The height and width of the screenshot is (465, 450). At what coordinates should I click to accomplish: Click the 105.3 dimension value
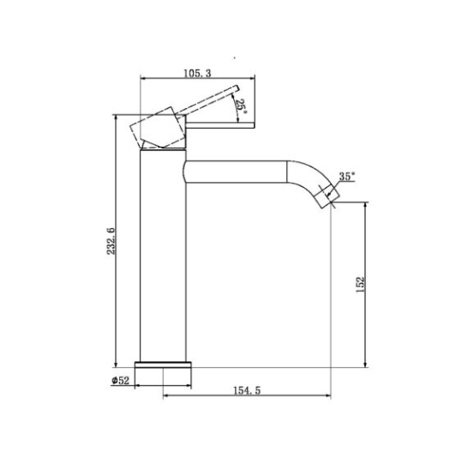pos(198,73)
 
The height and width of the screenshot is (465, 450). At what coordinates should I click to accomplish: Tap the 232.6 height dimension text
pos(111,241)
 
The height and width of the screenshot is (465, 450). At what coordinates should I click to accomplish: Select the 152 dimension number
pos(359,285)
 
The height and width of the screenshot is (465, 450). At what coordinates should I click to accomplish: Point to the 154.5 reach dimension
pos(247,390)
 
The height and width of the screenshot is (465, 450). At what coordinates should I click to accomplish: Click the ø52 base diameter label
pos(120,380)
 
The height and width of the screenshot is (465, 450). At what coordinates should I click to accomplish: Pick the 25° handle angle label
pos(241,106)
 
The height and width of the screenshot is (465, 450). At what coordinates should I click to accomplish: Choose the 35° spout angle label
pos(346,177)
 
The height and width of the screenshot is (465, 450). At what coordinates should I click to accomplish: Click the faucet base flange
pos(163,365)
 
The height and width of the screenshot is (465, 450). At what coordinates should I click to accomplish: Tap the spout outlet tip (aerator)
pos(327,196)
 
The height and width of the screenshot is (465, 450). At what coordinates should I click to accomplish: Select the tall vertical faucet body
pos(163,256)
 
